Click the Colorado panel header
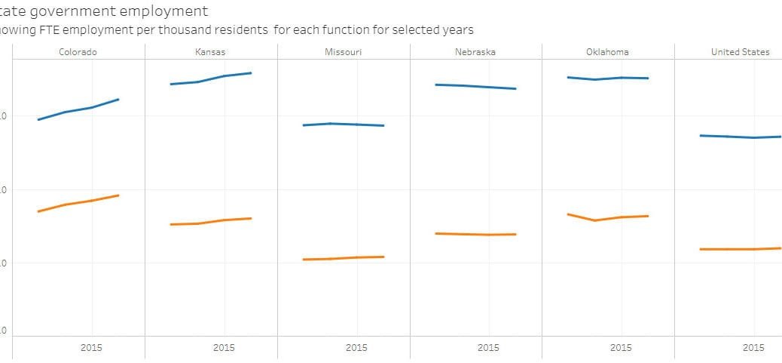coord(78,52)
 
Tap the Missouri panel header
coord(343,52)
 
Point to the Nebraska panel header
coord(475,52)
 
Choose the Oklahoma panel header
coord(607,52)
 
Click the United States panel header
coord(740,52)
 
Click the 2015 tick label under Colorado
coord(91,348)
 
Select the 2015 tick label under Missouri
coord(356,348)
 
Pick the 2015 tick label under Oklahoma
coord(621,348)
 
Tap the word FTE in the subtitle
coord(47,29)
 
